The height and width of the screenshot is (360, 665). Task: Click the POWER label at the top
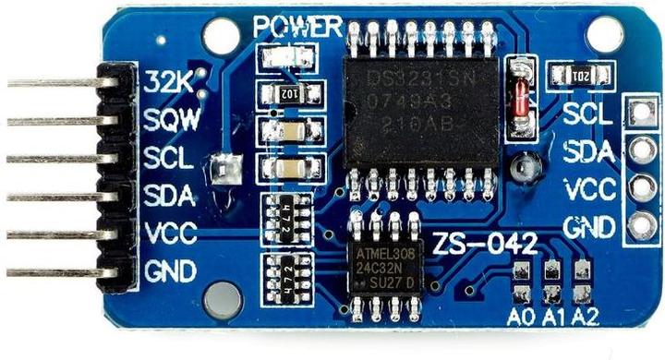297,27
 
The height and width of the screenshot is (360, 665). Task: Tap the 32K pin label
167,82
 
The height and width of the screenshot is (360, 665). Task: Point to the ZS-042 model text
485,244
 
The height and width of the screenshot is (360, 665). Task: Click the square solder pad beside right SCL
638,113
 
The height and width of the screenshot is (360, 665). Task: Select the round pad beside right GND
638,224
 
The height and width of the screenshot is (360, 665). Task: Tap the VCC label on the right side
589,188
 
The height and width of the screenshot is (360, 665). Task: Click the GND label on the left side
171,271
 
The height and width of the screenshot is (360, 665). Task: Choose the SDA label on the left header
169,196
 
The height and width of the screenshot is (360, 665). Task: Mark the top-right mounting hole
605,33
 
